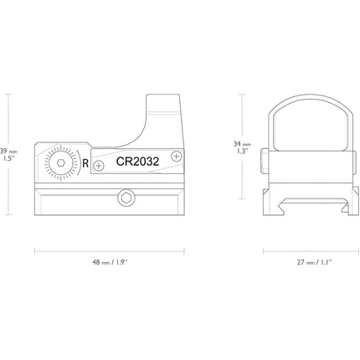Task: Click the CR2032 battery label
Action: pyautogui.click(x=137, y=162)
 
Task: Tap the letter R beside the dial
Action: pyautogui.click(x=85, y=163)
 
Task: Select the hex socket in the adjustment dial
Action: pyautogui.click(x=60, y=162)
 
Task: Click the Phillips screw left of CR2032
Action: pyautogui.click(x=98, y=166)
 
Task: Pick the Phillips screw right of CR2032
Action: pyautogui.click(x=176, y=156)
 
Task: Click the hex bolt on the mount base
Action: pyautogui.click(x=126, y=198)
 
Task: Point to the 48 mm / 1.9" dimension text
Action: pyautogui.click(x=110, y=262)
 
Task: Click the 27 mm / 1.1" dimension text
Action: pyautogui.click(x=314, y=262)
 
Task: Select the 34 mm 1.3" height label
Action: pyautogui.click(x=242, y=147)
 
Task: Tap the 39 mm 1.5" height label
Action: pyautogui.click(x=8, y=155)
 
